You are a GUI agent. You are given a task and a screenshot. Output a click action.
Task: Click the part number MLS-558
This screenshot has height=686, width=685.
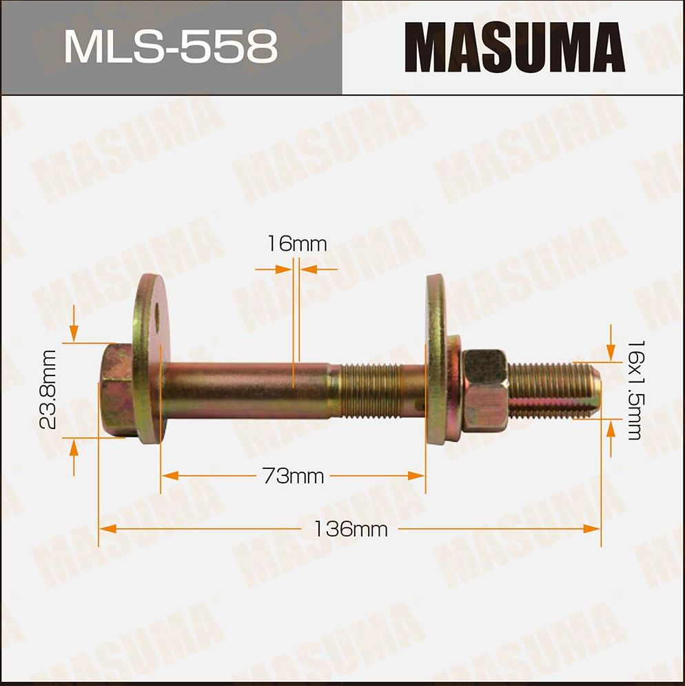[x=171, y=47]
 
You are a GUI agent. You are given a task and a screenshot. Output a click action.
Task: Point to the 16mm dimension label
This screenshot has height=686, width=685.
[x=296, y=244]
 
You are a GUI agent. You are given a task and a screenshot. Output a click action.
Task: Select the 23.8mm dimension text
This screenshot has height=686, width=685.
[x=48, y=390]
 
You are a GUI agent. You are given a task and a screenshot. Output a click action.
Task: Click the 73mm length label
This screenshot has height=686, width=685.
[x=293, y=476]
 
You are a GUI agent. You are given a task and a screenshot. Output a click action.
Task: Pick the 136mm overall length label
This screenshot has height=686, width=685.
[x=351, y=529]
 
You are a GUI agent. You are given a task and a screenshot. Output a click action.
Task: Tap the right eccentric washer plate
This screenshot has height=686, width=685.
[x=436, y=358]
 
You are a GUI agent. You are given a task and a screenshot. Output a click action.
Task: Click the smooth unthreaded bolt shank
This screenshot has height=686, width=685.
[x=248, y=391]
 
